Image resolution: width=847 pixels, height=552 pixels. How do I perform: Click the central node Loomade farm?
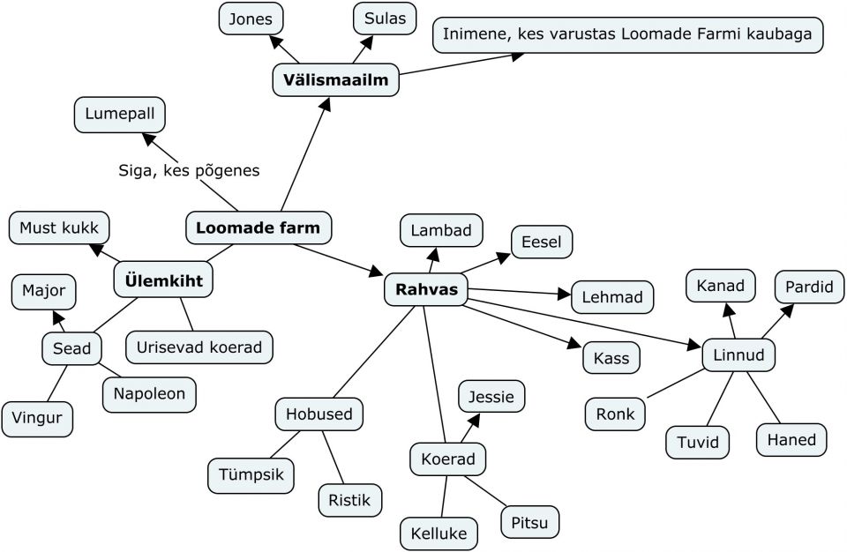pyautogui.click(x=258, y=228)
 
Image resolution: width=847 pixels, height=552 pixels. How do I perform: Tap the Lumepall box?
pyautogui.click(x=119, y=115)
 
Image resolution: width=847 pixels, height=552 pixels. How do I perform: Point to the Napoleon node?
pyautogui.click(x=149, y=394)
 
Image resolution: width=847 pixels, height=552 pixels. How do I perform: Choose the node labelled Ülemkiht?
pyautogui.click(x=164, y=281)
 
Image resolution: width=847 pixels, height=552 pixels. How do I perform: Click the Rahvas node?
pyautogui.click(x=426, y=290)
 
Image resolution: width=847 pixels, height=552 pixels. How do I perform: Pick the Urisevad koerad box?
pyautogui.click(x=199, y=347)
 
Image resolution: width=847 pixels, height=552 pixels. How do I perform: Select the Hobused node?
pyautogui.click(x=319, y=414)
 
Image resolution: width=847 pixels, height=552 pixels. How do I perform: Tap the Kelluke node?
pyautogui.click(x=438, y=533)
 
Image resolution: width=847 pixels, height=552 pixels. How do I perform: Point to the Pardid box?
pyautogui.click(x=809, y=287)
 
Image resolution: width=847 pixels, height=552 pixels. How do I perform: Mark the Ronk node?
pyautogui.click(x=615, y=414)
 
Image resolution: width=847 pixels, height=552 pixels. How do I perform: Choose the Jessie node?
pyautogui.click(x=491, y=397)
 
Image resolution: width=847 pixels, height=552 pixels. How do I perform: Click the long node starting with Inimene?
pyautogui.click(x=627, y=36)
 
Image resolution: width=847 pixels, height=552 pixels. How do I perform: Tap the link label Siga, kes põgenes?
pyautogui.click(x=189, y=171)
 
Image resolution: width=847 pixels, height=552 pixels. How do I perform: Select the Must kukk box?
pyautogui.click(x=59, y=228)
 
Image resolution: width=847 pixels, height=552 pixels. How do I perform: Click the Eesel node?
pyautogui.click(x=541, y=242)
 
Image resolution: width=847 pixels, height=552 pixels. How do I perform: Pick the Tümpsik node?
pyautogui.click(x=251, y=474)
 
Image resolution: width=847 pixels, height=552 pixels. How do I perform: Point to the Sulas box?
pyautogui.click(x=385, y=19)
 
